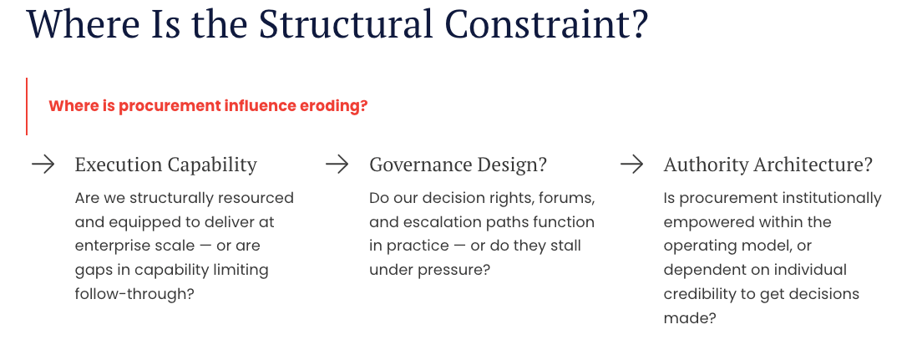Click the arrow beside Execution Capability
(43, 165)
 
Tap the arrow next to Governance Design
(337, 165)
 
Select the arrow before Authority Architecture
(631, 165)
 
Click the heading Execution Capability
(165, 165)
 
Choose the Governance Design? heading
(458, 165)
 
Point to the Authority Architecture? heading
(767, 165)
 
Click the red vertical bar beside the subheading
(27, 106)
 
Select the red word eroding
(333, 106)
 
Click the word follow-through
(134, 294)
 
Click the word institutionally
(826, 198)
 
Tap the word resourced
(256, 198)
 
